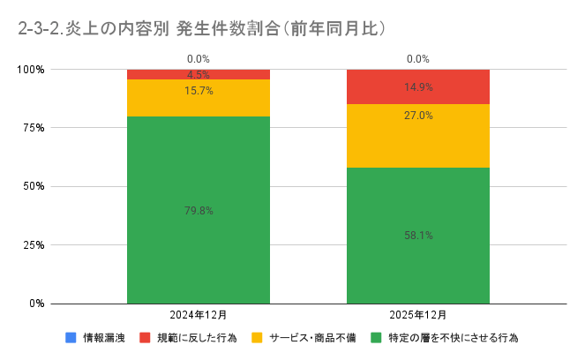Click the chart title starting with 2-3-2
click(x=202, y=28)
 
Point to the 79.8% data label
click(x=199, y=211)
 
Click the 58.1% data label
click(x=418, y=236)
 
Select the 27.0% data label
click(x=418, y=116)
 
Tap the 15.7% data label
click(x=199, y=91)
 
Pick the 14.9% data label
click(x=418, y=87)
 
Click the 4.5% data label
click(x=199, y=75)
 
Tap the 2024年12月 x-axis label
click(x=199, y=315)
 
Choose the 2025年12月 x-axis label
click(x=418, y=315)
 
